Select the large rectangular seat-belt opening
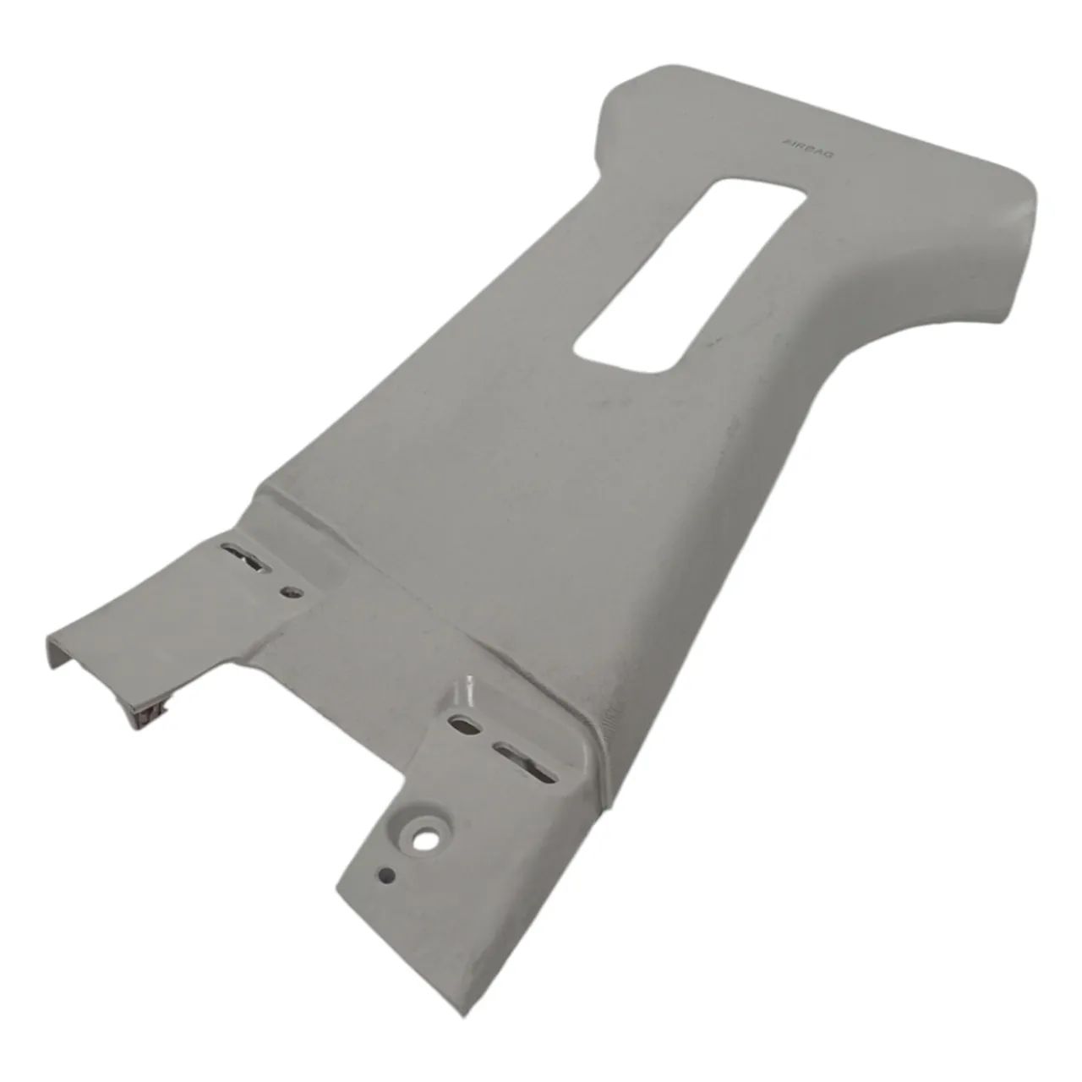click(x=691, y=275)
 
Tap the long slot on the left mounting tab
click(x=247, y=556)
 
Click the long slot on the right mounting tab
click(x=525, y=761)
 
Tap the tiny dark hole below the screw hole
click(x=387, y=890)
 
